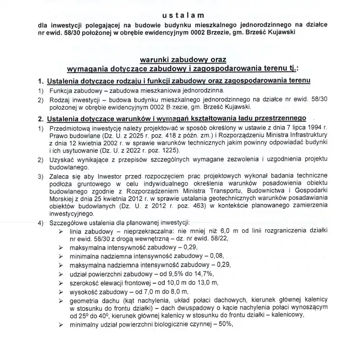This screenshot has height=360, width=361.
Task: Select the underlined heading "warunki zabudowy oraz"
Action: (183, 60)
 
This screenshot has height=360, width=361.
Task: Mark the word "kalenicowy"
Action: (284, 315)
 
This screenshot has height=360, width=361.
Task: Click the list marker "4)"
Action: (41, 222)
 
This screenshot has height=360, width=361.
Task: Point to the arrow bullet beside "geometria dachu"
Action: (60, 301)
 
